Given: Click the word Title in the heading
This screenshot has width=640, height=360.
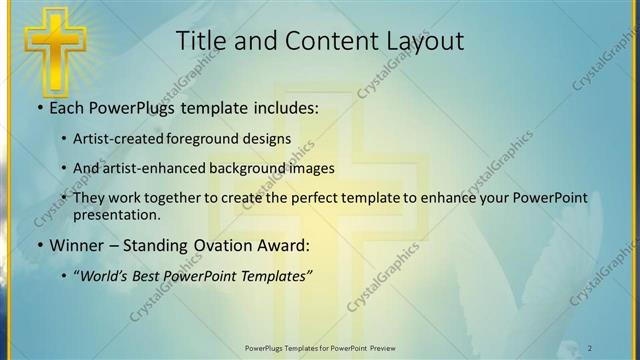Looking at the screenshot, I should pos(200,41).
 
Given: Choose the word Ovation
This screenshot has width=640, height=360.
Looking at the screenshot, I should pos(227,245).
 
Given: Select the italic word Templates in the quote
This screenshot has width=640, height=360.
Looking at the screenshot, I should pos(277,276).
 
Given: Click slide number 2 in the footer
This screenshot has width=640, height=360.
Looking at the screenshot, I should pos(591,348).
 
